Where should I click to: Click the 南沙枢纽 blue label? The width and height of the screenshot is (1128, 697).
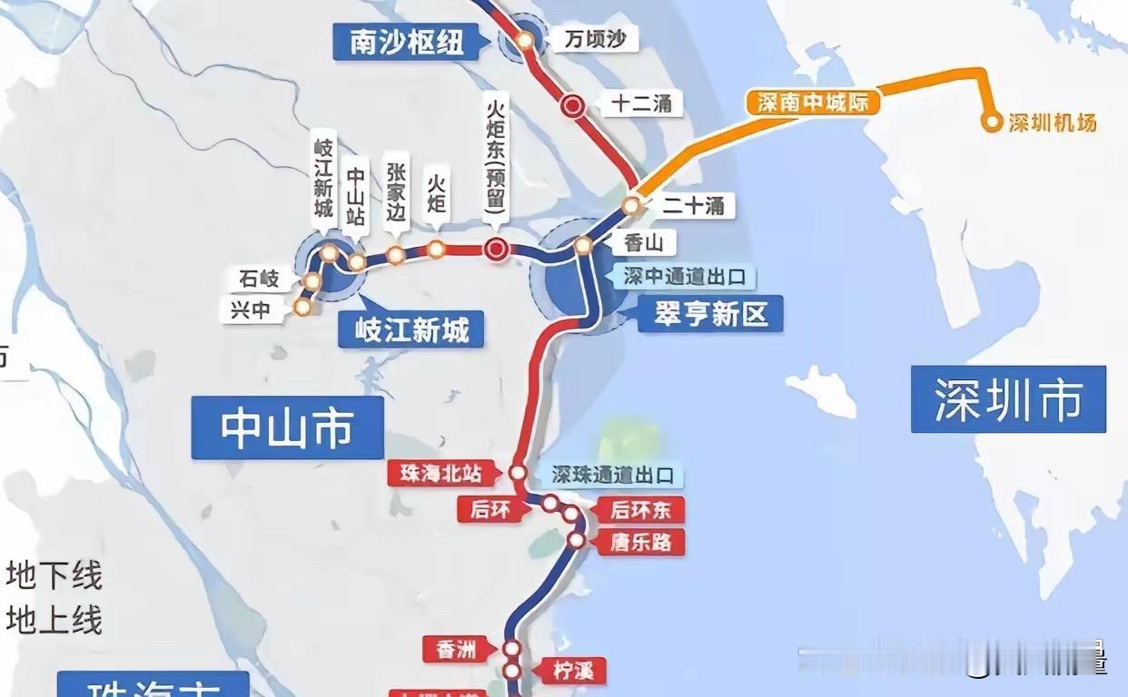click(x=405, y=41)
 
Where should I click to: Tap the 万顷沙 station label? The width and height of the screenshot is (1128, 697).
click(x=594, y=39)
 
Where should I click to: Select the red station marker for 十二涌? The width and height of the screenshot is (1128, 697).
click(x=572, y=105)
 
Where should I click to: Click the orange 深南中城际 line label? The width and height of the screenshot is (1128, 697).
click(x=813, y=102)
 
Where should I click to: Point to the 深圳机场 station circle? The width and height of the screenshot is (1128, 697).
click(x=991, y=123)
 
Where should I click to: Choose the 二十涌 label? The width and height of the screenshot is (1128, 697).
click(x=693, y=205)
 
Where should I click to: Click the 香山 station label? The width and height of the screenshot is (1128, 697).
click(x=644, y=243)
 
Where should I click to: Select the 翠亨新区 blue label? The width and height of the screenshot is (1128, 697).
click(x=710, y=314)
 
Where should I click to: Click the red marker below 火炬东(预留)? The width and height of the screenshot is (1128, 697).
click(x=496, y=250)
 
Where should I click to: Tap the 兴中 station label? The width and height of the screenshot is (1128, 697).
click(x=251, y=309)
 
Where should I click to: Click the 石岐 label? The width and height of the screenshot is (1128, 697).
click(x=261, y=279)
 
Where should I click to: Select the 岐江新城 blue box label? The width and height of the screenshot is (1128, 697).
click(x=411, y=330)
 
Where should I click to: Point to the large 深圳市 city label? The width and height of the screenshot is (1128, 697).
click(x=1008, y=399)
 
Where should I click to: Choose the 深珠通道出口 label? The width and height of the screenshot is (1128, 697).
click(x=615, y=475)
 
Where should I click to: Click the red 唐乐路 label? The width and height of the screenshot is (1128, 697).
click(x=641, y=543)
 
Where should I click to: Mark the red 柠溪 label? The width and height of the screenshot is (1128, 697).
click(x=573, y=672)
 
